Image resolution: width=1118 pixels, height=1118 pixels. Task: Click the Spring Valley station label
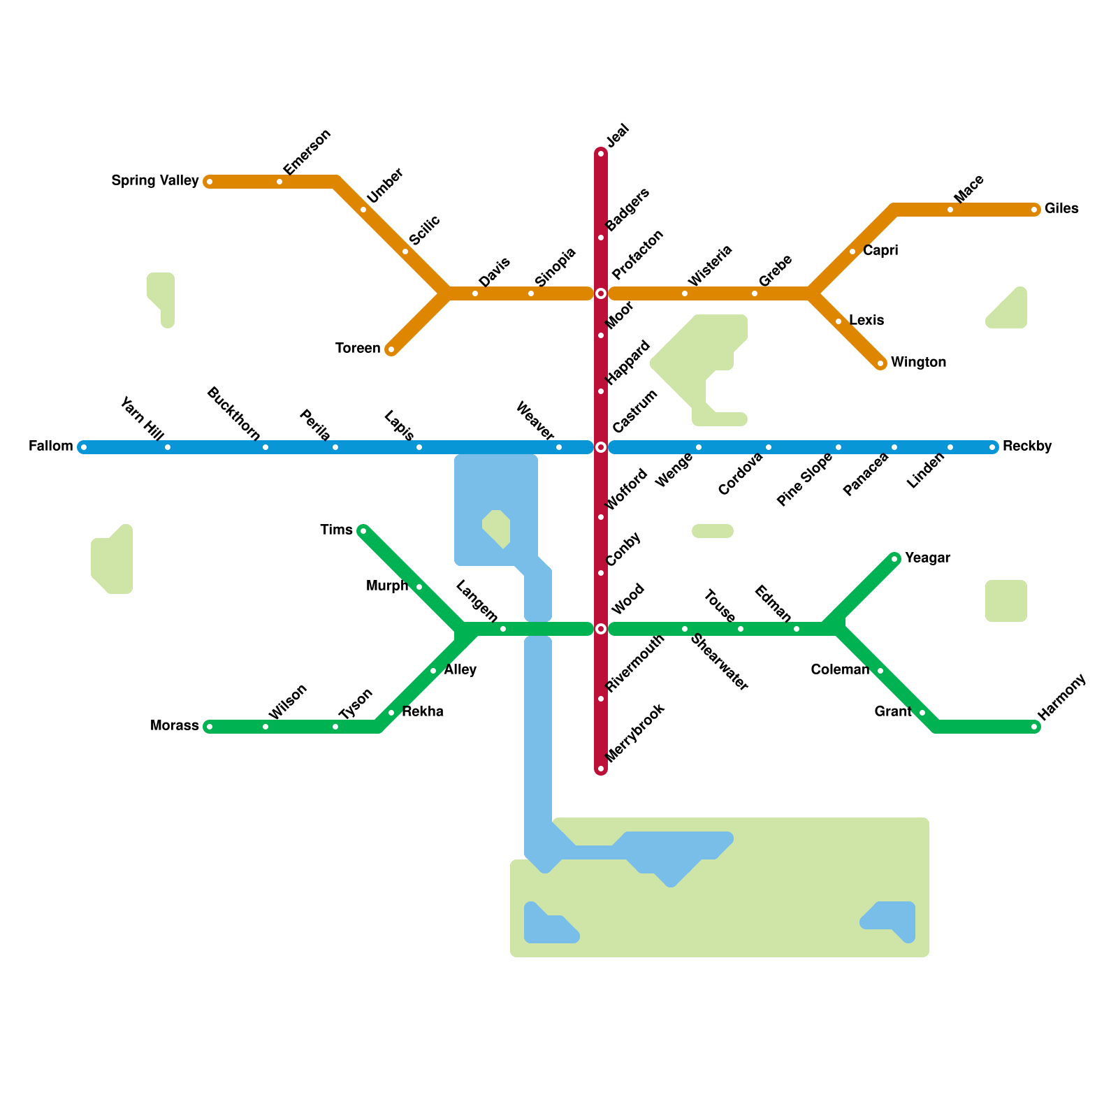[x=155, y=181]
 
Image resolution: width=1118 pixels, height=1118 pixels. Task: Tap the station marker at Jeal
[x=601, y=154]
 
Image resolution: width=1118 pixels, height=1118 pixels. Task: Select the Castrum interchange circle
[x=601, y=447]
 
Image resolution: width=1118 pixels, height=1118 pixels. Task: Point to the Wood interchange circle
[x=601, y=629]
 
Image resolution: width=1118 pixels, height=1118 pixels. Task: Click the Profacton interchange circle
[x=601, y=293]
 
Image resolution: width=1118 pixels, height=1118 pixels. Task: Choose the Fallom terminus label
[x=51, y=447]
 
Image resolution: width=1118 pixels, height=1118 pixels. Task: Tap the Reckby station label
[x=1027, y=447]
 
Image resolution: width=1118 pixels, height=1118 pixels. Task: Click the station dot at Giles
[x=1034, y=210]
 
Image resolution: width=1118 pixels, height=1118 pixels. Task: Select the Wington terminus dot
[x=880, y=363]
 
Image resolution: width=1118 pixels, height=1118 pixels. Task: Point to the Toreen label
[x=358, y=349]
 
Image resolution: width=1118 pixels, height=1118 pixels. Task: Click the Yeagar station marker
[x=894, y=559]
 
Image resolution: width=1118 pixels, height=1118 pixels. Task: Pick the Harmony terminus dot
[x=1034, y=727]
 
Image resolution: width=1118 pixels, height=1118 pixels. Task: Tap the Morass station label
[x=175, y=726]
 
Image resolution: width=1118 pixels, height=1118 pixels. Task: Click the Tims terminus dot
[x=363, y=531]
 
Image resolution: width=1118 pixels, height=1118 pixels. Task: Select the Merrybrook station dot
[x=601, y=769]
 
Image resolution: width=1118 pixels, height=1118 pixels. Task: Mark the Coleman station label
[x=840, y=670]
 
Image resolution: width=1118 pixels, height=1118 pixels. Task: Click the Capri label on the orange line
[x=880, y=251]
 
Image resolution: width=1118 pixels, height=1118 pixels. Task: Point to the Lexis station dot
[x=838, y=321]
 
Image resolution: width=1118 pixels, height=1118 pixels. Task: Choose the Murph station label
[x=387, y=586]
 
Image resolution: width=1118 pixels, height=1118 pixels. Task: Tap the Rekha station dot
[x=391, y=713]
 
